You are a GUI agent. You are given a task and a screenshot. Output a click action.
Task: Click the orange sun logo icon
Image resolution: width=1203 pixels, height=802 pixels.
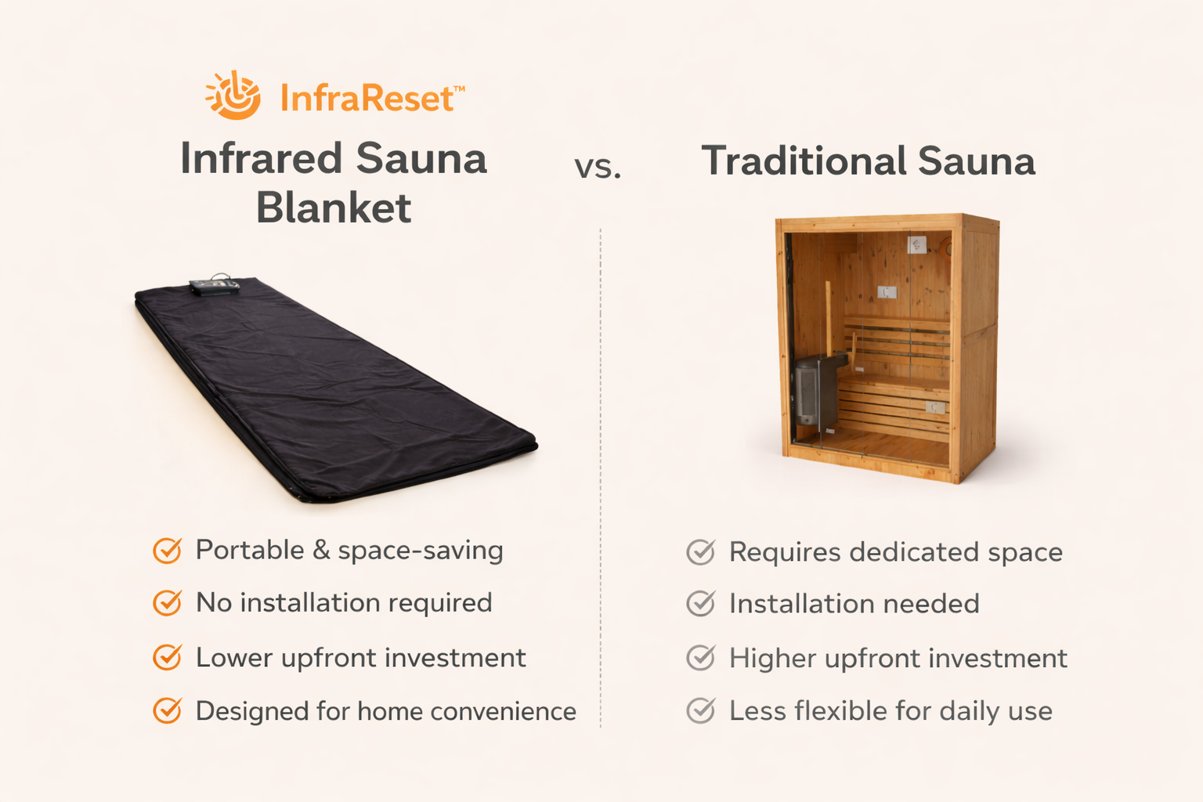click(233, 96)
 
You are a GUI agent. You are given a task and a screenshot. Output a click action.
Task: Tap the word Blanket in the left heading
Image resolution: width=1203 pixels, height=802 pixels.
click(334, 208)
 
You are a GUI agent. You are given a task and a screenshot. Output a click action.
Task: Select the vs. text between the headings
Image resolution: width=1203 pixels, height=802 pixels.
click(598, 167)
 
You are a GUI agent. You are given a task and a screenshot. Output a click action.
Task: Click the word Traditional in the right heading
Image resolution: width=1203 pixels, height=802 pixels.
click(804, 161)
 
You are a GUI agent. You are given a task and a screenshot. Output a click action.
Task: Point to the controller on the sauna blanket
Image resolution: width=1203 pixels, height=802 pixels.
click(214, 286)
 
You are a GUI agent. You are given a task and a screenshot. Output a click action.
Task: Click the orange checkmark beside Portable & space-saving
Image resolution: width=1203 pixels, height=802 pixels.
click(167, 551)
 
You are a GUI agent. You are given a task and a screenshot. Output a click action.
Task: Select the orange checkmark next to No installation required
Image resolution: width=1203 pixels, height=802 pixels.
click(167, 603)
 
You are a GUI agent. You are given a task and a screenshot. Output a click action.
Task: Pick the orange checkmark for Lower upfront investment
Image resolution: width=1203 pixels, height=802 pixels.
click(167, 657)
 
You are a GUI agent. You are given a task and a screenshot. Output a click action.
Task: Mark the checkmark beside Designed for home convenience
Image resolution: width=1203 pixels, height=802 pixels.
click(167, 710)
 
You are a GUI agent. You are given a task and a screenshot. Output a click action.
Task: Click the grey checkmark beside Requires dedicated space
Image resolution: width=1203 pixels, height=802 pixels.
click(700, 552)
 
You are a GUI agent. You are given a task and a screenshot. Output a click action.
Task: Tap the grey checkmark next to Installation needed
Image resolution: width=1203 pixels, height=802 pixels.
click(700, 604)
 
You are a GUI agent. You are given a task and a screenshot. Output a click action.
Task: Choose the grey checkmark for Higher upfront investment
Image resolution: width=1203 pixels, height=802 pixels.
click(700, 658)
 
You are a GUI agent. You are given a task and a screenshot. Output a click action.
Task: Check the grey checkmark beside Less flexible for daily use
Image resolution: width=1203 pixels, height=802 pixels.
click(700, 710)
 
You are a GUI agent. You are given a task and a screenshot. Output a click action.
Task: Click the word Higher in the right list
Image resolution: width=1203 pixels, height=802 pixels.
click(772, 659)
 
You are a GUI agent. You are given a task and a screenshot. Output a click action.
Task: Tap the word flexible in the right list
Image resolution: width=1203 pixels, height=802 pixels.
click(841, 710)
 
